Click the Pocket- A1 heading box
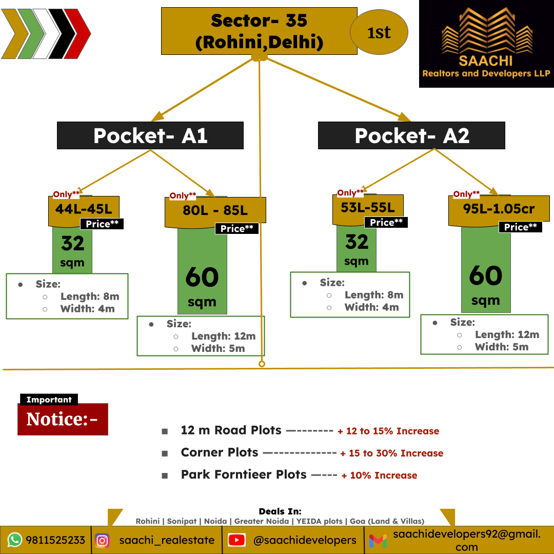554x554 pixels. tap(150, 135)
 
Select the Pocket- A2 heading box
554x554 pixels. tap(411, 135)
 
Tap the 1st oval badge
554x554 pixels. tap(379, 32)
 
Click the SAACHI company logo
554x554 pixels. tap(486, 44)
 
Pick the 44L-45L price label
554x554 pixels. tap(84, 209)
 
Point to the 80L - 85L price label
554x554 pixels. tap(215, 211)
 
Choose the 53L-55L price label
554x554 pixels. tap(368, 208)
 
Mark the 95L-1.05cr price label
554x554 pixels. tap(499, 209)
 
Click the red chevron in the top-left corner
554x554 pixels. tap(78, 34)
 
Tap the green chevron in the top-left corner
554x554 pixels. tap(32, 34)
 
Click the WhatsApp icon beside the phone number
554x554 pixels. tap(15, 540)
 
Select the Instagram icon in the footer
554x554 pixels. tap(102, 540)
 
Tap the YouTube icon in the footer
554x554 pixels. tap(236, 540)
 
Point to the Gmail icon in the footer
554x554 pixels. tap(378, 541)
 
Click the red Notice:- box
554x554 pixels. tap(63, 419)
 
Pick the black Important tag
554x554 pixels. tap(49, 400)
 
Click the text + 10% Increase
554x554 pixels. tap(379, 475)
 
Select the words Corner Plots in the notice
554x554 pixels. tap(220, 452)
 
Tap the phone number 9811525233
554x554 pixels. tap(55, 540)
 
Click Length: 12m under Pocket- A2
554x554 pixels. tap(507, 334)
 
